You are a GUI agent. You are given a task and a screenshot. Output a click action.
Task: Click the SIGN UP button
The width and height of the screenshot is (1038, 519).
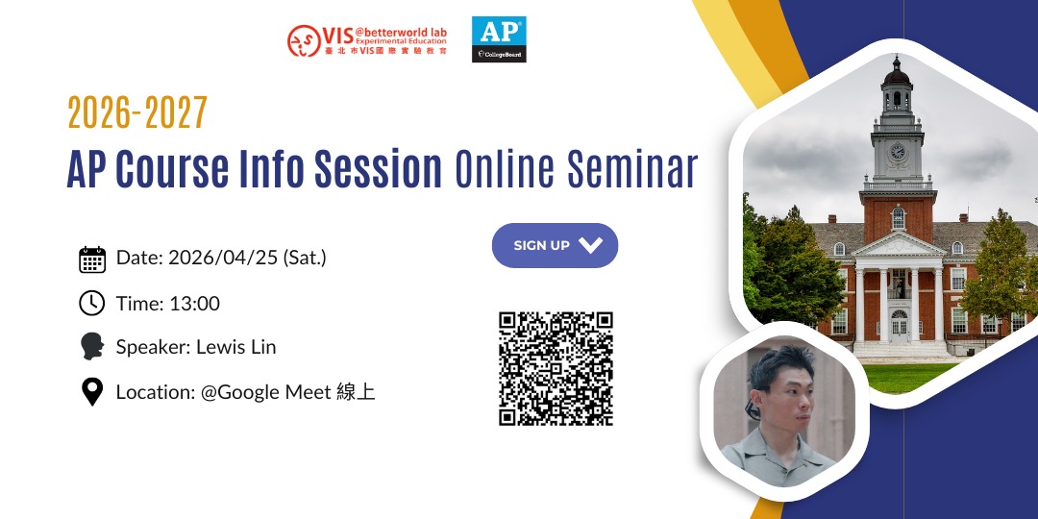[555, 246]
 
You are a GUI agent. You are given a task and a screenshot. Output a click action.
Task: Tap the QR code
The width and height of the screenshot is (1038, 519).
[556, 369]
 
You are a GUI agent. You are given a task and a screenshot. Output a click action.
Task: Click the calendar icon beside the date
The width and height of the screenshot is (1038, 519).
[92, 259]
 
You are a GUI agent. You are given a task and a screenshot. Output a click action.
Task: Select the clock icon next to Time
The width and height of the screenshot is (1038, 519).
[92, 303]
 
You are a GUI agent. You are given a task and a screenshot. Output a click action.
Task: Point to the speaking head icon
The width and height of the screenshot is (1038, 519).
[92, 346]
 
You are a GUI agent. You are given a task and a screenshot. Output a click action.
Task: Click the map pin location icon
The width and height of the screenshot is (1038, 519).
[92, 391]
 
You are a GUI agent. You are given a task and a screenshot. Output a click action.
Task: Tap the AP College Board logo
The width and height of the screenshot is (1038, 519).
[499, 39]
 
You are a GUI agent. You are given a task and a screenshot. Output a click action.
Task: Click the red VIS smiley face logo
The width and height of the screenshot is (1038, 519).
[304, 41]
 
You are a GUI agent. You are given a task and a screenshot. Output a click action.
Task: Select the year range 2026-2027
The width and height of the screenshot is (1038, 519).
[137, 113]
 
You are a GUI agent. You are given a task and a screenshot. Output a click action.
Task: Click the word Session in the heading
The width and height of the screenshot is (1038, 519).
[378, 169]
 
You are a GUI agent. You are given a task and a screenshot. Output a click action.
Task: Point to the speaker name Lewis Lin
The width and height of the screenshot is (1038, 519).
[236, 347]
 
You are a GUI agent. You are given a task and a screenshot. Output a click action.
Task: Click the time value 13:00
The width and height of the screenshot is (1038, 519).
[194, 304]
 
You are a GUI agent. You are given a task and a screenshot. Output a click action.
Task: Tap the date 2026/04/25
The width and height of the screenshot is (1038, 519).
[223, 259]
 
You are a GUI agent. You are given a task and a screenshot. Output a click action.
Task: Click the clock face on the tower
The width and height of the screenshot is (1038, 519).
[897, 152]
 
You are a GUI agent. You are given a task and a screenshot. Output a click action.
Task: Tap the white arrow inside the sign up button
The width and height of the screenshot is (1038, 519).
[590, 246]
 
